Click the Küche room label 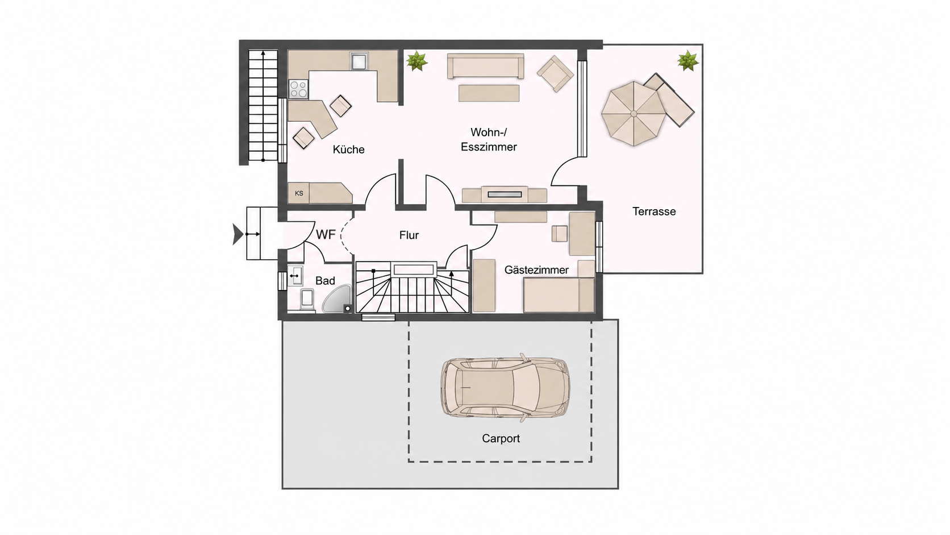(x=348, y=150)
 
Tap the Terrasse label (x=654, y=211)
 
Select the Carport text (x=501, y=439)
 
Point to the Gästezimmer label (x=536, y=270)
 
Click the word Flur (x=409, y=235)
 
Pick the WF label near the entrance (x=326, y=234)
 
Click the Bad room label (x=326, y=281)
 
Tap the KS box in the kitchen (x=298, y=193)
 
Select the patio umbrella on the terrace (x=634, y=114)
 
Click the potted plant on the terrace (x=688, y=61)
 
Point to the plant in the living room (x=416, y=61)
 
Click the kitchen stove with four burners (x=298, y=89)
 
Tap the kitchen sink (x=359, y=61)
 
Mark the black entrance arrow (x=238, y=234)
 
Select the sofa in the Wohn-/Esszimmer (x=486, y=66)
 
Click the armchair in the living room (x=555, y=74)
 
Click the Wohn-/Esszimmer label (x=489, y=140)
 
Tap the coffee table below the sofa (x=489, y=93)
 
